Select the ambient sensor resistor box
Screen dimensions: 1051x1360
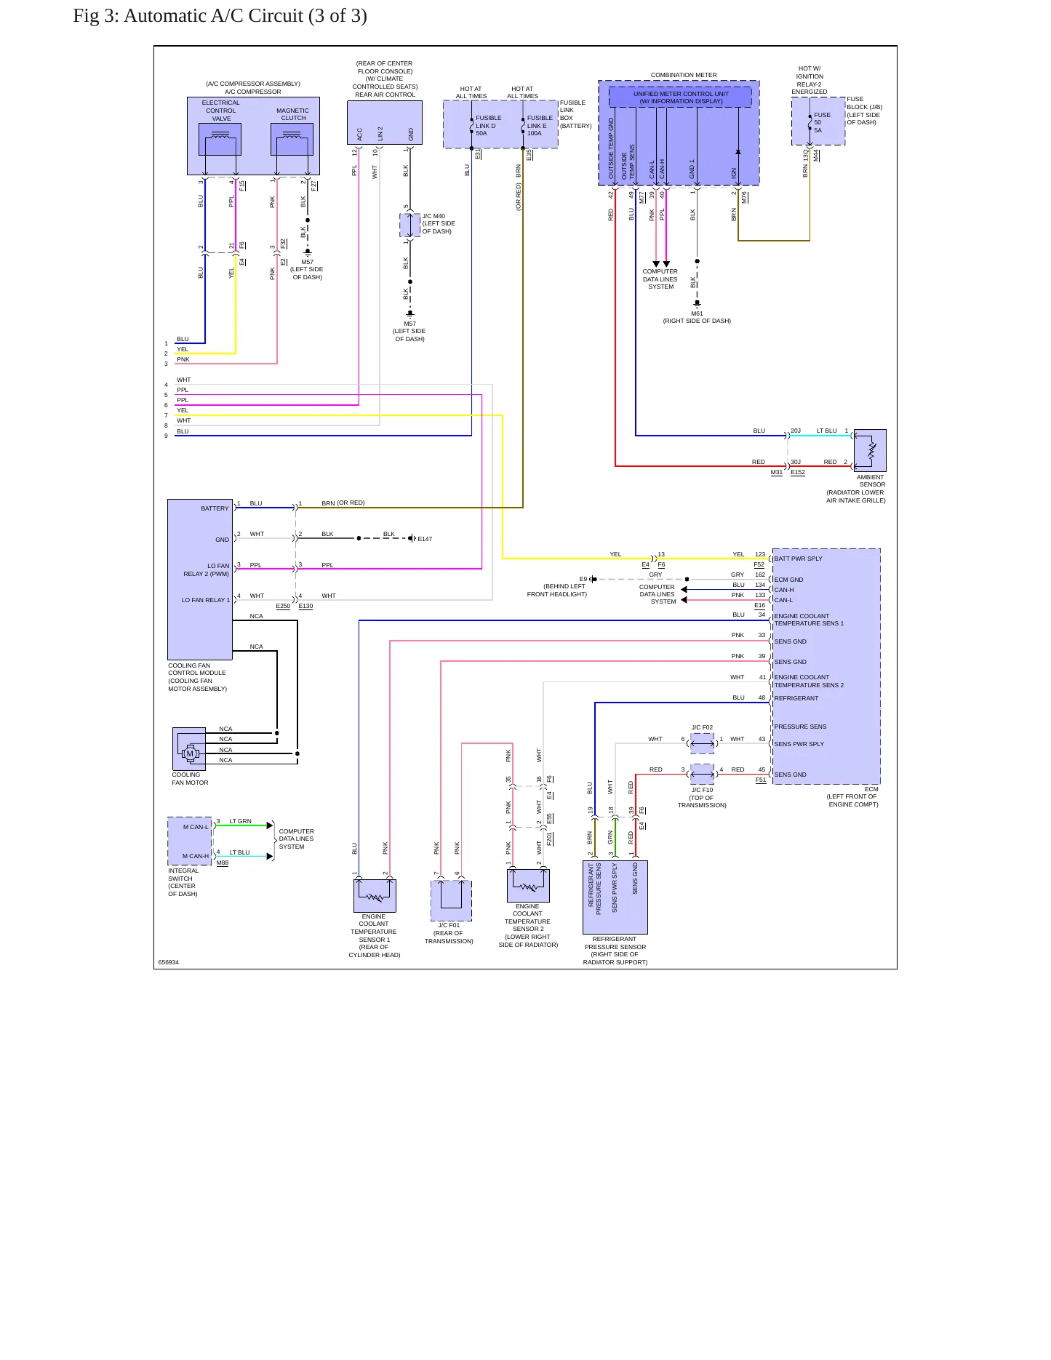(x=870, y=450)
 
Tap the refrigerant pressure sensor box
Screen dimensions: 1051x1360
(x=615, y=897)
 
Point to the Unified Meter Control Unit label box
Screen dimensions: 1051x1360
(x=680, y=97)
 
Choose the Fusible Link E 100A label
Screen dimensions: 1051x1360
(x=540, y=125)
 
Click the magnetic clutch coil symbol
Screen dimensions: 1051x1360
(x=292, y=139)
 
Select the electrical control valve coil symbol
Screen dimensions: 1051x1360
(x=220, y=139)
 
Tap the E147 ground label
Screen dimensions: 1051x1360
(x=425, y=539)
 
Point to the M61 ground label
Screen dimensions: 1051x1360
(x=697, y=313)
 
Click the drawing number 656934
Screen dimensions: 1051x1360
(x=169, y=962)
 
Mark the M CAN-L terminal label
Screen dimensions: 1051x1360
(x=196, y=827)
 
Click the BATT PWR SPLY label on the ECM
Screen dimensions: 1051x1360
(x=798, y=559)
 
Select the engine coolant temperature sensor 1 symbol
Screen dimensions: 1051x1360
(x=375, y=895)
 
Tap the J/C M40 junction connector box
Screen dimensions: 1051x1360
(x=410, y=225)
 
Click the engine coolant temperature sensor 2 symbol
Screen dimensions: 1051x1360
(x=528, y=885)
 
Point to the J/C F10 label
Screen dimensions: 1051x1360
(x=702, y=790)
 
